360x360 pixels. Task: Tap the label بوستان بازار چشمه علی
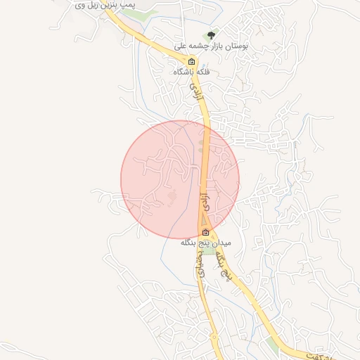(225, 45)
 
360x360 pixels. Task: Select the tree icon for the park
(210, 34)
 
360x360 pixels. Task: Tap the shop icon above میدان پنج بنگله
(205, 233)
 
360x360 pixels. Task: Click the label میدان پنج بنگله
(205, 243)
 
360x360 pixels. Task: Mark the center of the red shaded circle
(180, 179)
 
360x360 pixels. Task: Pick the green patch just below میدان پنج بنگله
(209, 251)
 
